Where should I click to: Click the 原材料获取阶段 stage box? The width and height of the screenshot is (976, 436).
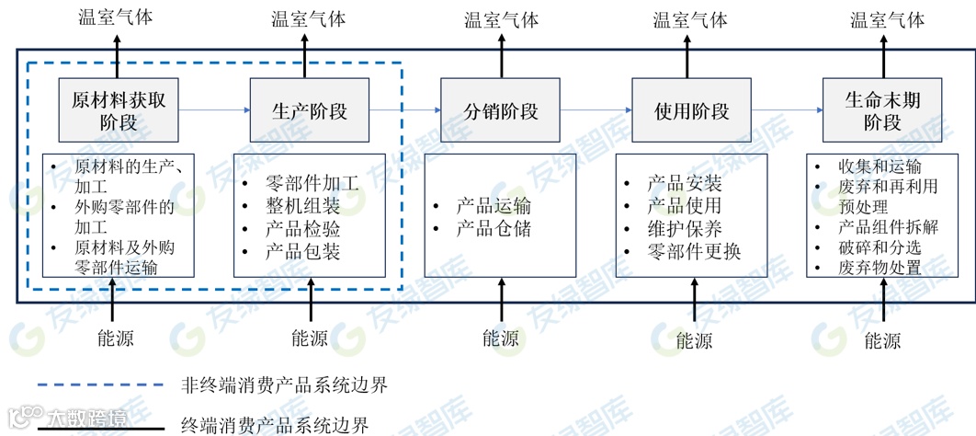[x=119, y=110]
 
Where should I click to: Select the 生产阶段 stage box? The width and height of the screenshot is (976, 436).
[x=310, y=110]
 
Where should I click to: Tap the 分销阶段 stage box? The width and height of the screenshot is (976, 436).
[x=501, y=110]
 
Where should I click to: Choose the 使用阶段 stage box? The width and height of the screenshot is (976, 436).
[x=691, y=110]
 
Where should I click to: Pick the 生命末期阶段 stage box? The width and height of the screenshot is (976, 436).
[x=882, y=110]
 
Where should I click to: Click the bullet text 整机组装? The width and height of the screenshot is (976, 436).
[x=302, y=206]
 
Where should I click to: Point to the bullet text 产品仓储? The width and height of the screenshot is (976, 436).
[x=494, y=229]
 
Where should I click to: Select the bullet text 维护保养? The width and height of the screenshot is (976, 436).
[x=685, y=229]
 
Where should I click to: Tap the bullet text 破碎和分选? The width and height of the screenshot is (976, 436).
[x=879, y=247]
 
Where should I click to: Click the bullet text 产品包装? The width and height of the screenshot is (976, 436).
[x=302, y=251]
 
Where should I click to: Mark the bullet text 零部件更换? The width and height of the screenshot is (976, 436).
[x=694, y=251]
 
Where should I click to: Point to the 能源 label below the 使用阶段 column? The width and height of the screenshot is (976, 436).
[x=694, y=339]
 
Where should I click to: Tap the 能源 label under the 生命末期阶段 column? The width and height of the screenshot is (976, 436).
[x=882, y=340]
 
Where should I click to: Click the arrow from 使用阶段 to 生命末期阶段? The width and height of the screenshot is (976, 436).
[x=787, y=110]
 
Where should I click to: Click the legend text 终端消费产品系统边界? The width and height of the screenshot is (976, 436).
[x=275, y=425]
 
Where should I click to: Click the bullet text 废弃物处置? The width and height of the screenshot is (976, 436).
[x=879, y=268]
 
